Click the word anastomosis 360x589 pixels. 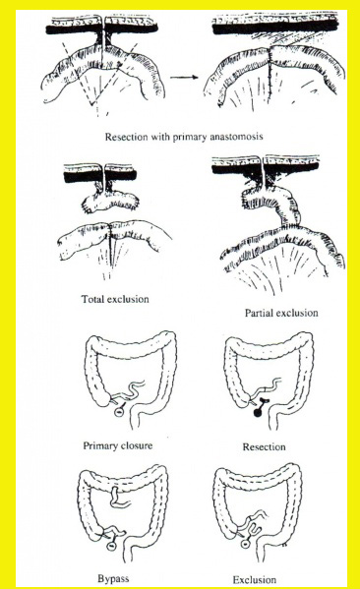[x=236, y=136]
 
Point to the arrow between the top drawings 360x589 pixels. [x=184, y=78]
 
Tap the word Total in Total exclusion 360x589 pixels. [x=92, y=299]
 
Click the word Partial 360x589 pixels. [x=258, y=313]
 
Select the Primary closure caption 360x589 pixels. [x=118, y=445]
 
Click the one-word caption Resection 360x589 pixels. [x=264, y=447]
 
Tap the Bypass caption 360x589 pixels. [x=113, y=578]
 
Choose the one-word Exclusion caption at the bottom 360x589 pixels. [x=254, y=579]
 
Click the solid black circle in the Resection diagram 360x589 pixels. [x=258, y=413]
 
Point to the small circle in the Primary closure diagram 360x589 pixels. [x=119, y=412]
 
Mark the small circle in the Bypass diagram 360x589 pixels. [x=111, y=546]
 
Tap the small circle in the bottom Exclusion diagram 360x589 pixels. [x=245, y=543]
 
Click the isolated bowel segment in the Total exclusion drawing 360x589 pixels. [x=111, y=202]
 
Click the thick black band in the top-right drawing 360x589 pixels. [x=274, y=28]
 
